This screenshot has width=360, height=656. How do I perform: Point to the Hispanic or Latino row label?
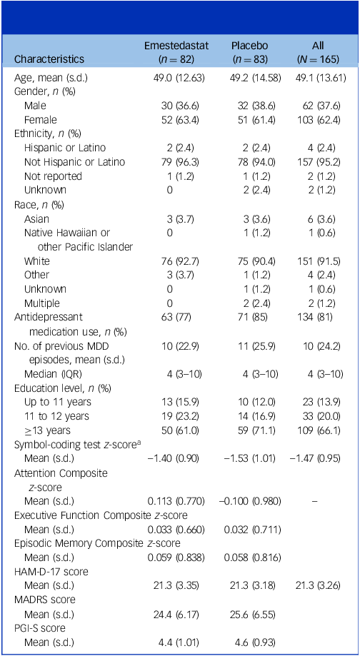[65, 148]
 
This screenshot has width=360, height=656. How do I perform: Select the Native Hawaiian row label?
[67, 233]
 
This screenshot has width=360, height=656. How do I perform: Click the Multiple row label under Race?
[42, 303]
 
